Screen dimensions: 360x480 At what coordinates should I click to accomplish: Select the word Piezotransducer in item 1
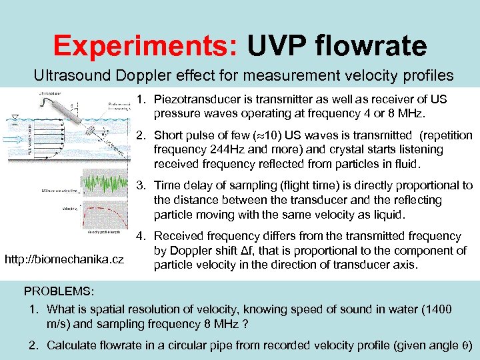[x=193, y=99]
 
